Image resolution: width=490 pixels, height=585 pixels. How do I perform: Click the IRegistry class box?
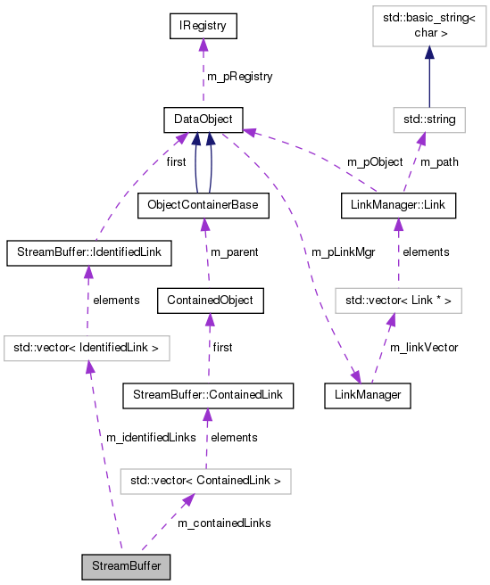[x=203, y=28]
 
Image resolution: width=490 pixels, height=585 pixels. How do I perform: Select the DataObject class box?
[x=203, y=119]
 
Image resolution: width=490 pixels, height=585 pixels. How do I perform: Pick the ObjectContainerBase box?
[x=203, y=205]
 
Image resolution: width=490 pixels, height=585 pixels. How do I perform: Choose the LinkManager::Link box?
[x=398, y=205]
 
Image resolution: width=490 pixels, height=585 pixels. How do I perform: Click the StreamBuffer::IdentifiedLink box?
[x=87, y=253]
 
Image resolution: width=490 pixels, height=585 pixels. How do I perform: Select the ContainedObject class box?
[x=210, y=301]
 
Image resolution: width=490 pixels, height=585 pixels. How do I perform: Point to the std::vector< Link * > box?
[x=398, y=301]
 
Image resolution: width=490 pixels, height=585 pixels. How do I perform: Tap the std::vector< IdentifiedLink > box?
[x=87, y=347]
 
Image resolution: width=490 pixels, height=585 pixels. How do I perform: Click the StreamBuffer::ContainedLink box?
[x=207, y=393]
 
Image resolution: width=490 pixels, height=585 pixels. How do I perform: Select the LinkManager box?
[x=368, y=393]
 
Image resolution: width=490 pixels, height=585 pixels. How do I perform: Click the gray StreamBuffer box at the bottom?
[x=125, y=566]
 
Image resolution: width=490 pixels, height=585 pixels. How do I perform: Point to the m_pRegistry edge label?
[x=239, y=77]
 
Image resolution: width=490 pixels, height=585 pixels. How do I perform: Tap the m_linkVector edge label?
[x=423, y=347]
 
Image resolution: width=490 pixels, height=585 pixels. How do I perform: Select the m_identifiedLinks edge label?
[x=151, y=437]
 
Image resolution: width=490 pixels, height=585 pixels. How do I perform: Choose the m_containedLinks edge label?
[x=223, y=523]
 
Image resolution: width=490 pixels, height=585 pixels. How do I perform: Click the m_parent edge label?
[x=234, y=252]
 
